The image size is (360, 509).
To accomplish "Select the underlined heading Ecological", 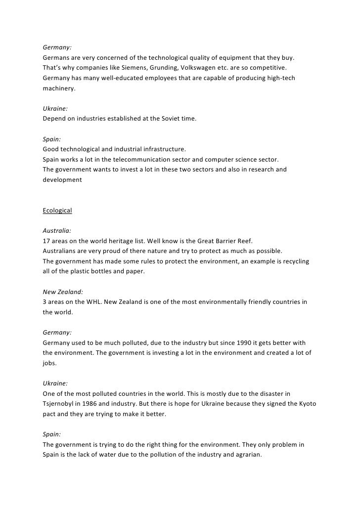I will coord(57,211).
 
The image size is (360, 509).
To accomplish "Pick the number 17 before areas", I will coord(46,241).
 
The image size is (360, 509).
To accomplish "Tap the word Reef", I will coord(243,241).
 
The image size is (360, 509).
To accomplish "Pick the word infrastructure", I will coord(163,149).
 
